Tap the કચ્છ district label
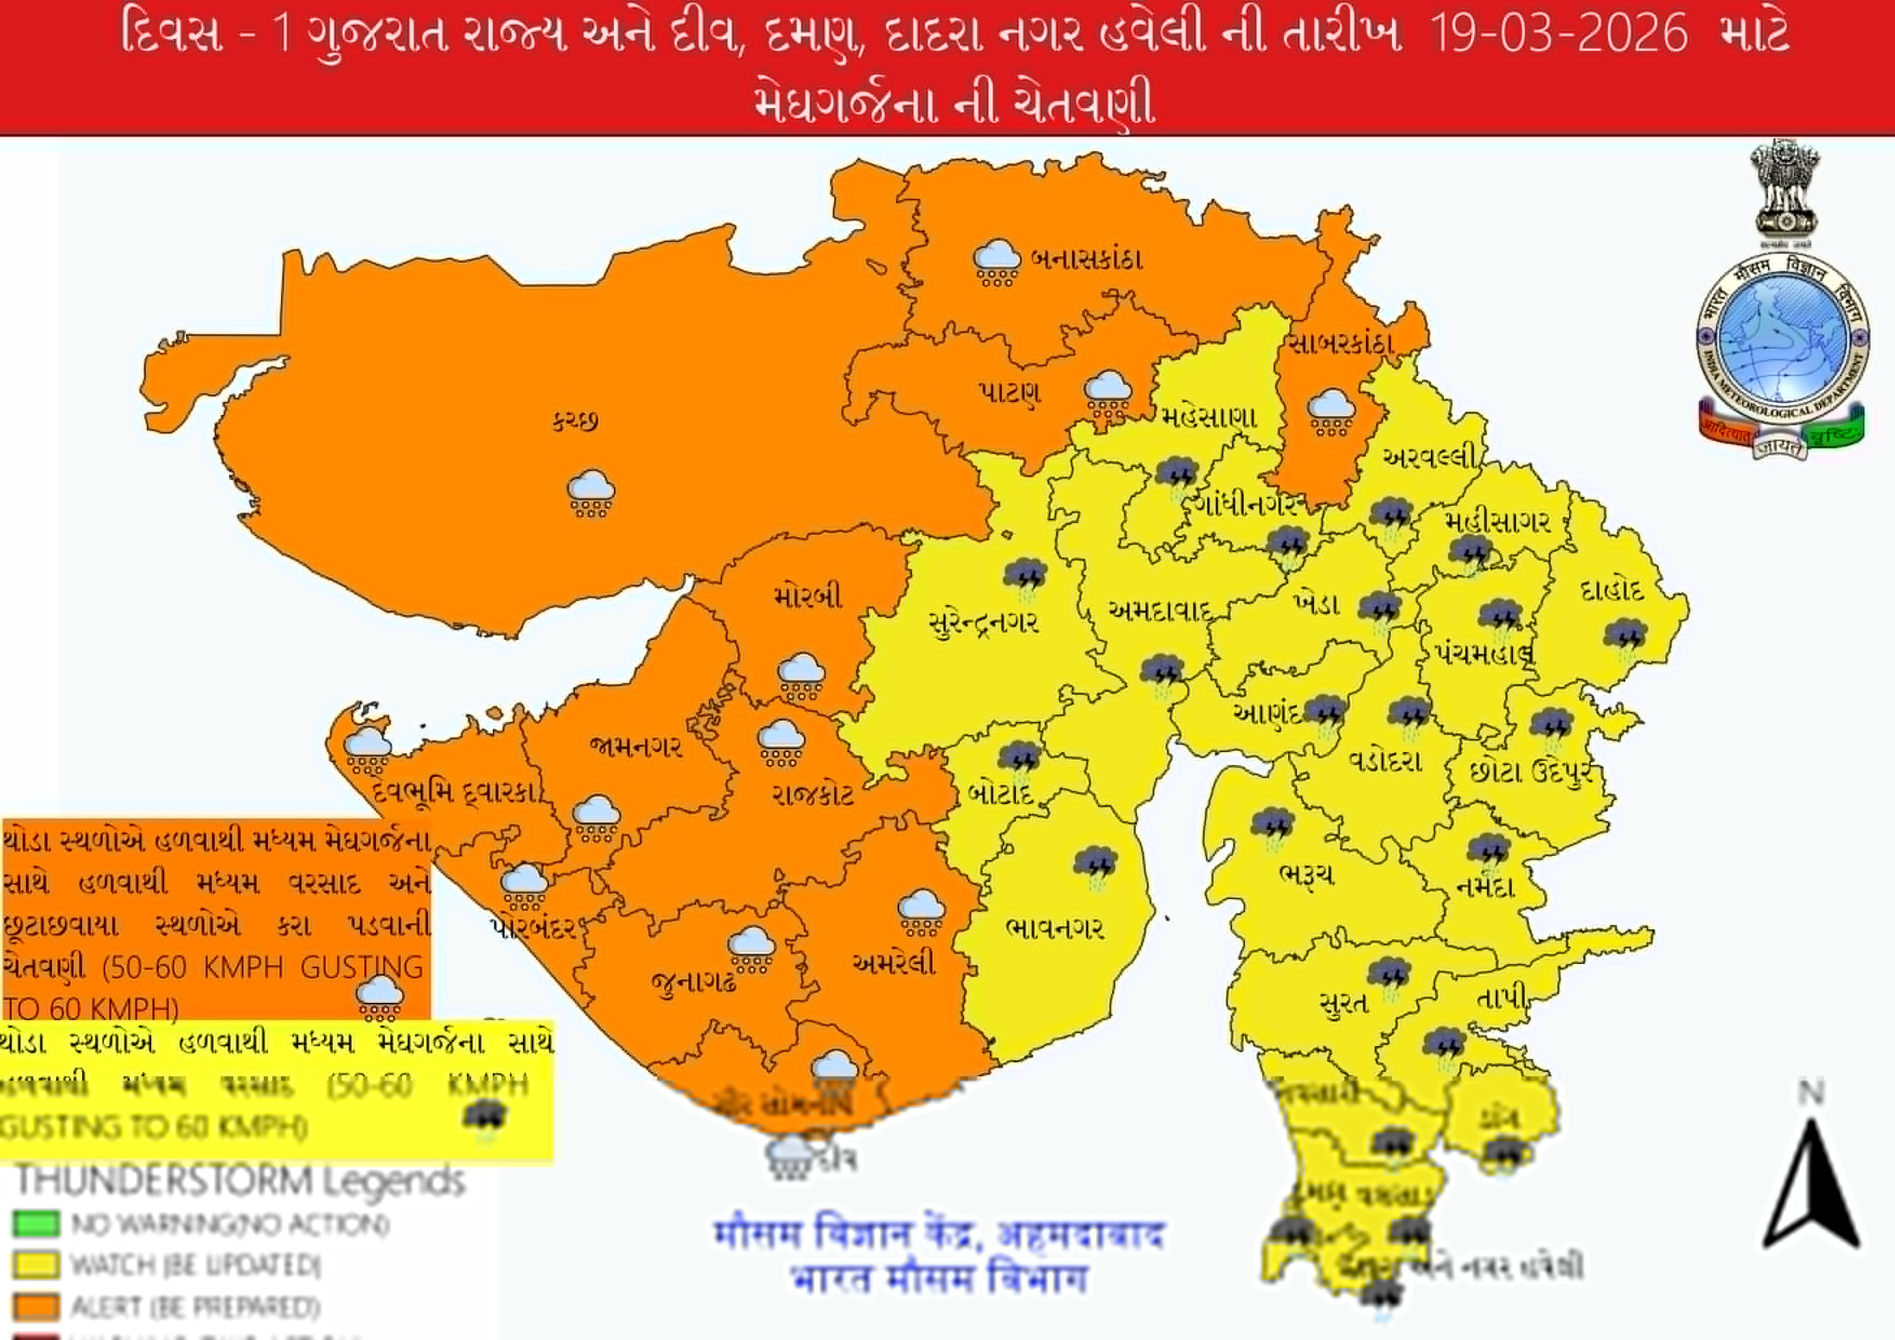click(575, 421)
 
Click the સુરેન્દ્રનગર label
click(983, 623)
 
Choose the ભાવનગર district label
click(1055, 928)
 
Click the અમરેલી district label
click(894, 962)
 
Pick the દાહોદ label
click(1612, 590)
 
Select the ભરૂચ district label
click(1305, 875)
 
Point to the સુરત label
click(1344, 1003)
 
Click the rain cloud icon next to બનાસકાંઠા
click(996, 262)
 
